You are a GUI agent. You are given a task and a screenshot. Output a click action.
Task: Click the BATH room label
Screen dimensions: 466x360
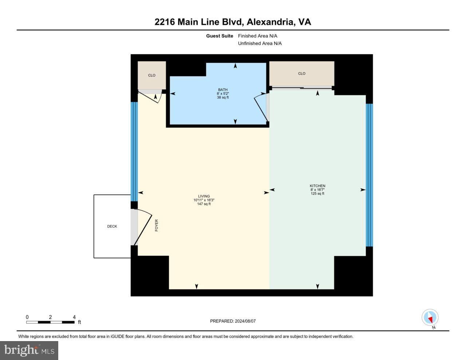222,90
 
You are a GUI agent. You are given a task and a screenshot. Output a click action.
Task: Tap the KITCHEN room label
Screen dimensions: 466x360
317,186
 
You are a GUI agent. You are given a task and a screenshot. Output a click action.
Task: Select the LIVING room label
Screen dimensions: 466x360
204,196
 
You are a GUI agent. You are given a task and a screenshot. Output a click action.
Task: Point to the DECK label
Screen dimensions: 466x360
112,226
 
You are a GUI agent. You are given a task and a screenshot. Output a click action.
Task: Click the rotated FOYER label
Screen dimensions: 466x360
157,225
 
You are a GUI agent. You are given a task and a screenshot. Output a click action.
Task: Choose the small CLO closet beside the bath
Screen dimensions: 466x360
151,75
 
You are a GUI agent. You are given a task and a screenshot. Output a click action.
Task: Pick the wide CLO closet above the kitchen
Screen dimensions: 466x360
301,74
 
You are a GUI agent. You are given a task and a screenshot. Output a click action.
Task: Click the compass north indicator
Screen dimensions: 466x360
430,317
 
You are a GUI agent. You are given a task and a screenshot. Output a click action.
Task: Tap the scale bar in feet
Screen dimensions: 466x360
50,322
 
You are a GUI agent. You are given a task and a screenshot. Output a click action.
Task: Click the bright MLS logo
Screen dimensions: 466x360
29,351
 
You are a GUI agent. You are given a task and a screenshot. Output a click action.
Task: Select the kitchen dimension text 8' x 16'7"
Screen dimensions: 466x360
317,190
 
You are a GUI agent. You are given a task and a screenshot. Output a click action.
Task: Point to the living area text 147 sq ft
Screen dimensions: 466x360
204,204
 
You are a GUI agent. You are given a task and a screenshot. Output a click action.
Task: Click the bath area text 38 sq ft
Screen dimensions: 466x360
222,97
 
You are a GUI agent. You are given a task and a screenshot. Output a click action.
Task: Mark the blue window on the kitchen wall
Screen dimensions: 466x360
369,175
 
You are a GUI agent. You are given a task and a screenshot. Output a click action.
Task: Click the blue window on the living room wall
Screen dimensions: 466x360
134,151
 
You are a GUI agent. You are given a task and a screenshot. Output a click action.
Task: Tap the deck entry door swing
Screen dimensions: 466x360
143,227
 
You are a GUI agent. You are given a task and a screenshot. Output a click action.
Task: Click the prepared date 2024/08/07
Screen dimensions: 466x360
245,321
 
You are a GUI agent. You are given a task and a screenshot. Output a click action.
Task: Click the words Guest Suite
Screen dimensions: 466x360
220,36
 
